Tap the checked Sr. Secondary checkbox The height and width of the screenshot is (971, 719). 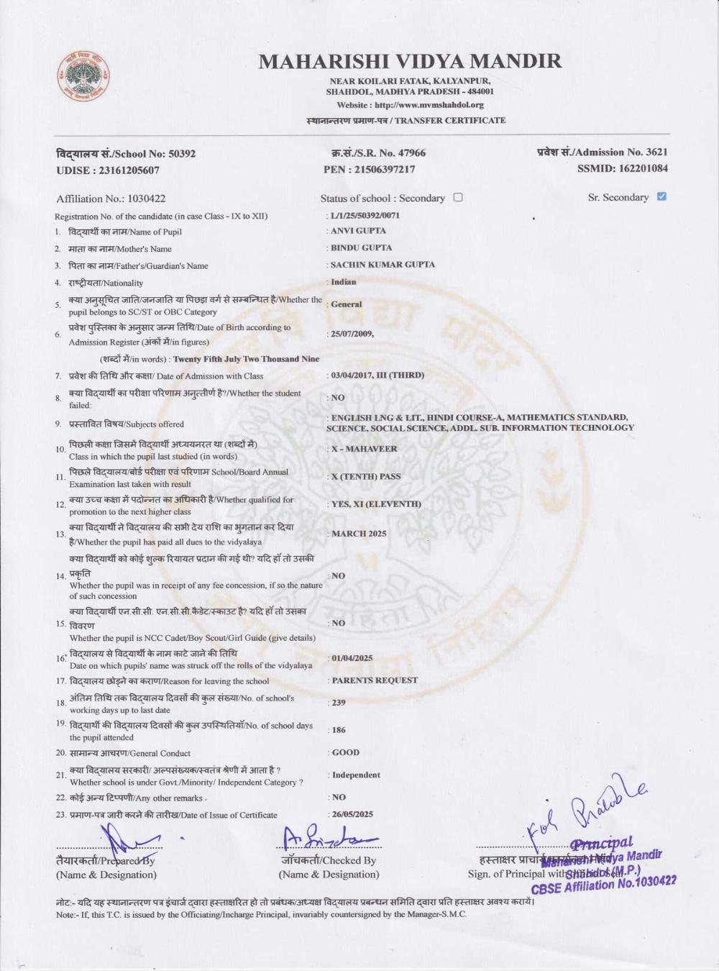click(x=661, y=196)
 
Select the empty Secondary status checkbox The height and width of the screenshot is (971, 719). click(x=458, y=197)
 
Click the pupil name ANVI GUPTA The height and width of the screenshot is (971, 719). click(x=358, y=231)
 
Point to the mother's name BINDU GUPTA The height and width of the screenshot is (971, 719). click(x=361, y=247)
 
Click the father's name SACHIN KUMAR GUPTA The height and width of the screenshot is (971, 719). click(x=383, y=265)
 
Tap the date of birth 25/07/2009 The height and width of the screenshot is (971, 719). click(x=351, y=334)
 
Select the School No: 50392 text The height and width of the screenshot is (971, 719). click(x=126, y=153)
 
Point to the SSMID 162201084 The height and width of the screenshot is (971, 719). click(x=622, y=168)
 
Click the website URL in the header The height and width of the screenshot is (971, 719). click(x=410, y=105)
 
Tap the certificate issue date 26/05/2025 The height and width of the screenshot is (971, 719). click(x=352, y=814)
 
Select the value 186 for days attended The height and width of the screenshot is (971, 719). click(x=338, y=730)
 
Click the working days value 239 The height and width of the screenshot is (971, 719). click(x=338, y=703)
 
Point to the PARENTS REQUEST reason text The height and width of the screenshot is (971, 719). click(x=375, y=680)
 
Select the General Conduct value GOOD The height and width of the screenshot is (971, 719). click(x=346, y=752)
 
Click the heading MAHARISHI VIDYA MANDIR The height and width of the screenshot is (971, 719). click(x=410, y=61)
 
